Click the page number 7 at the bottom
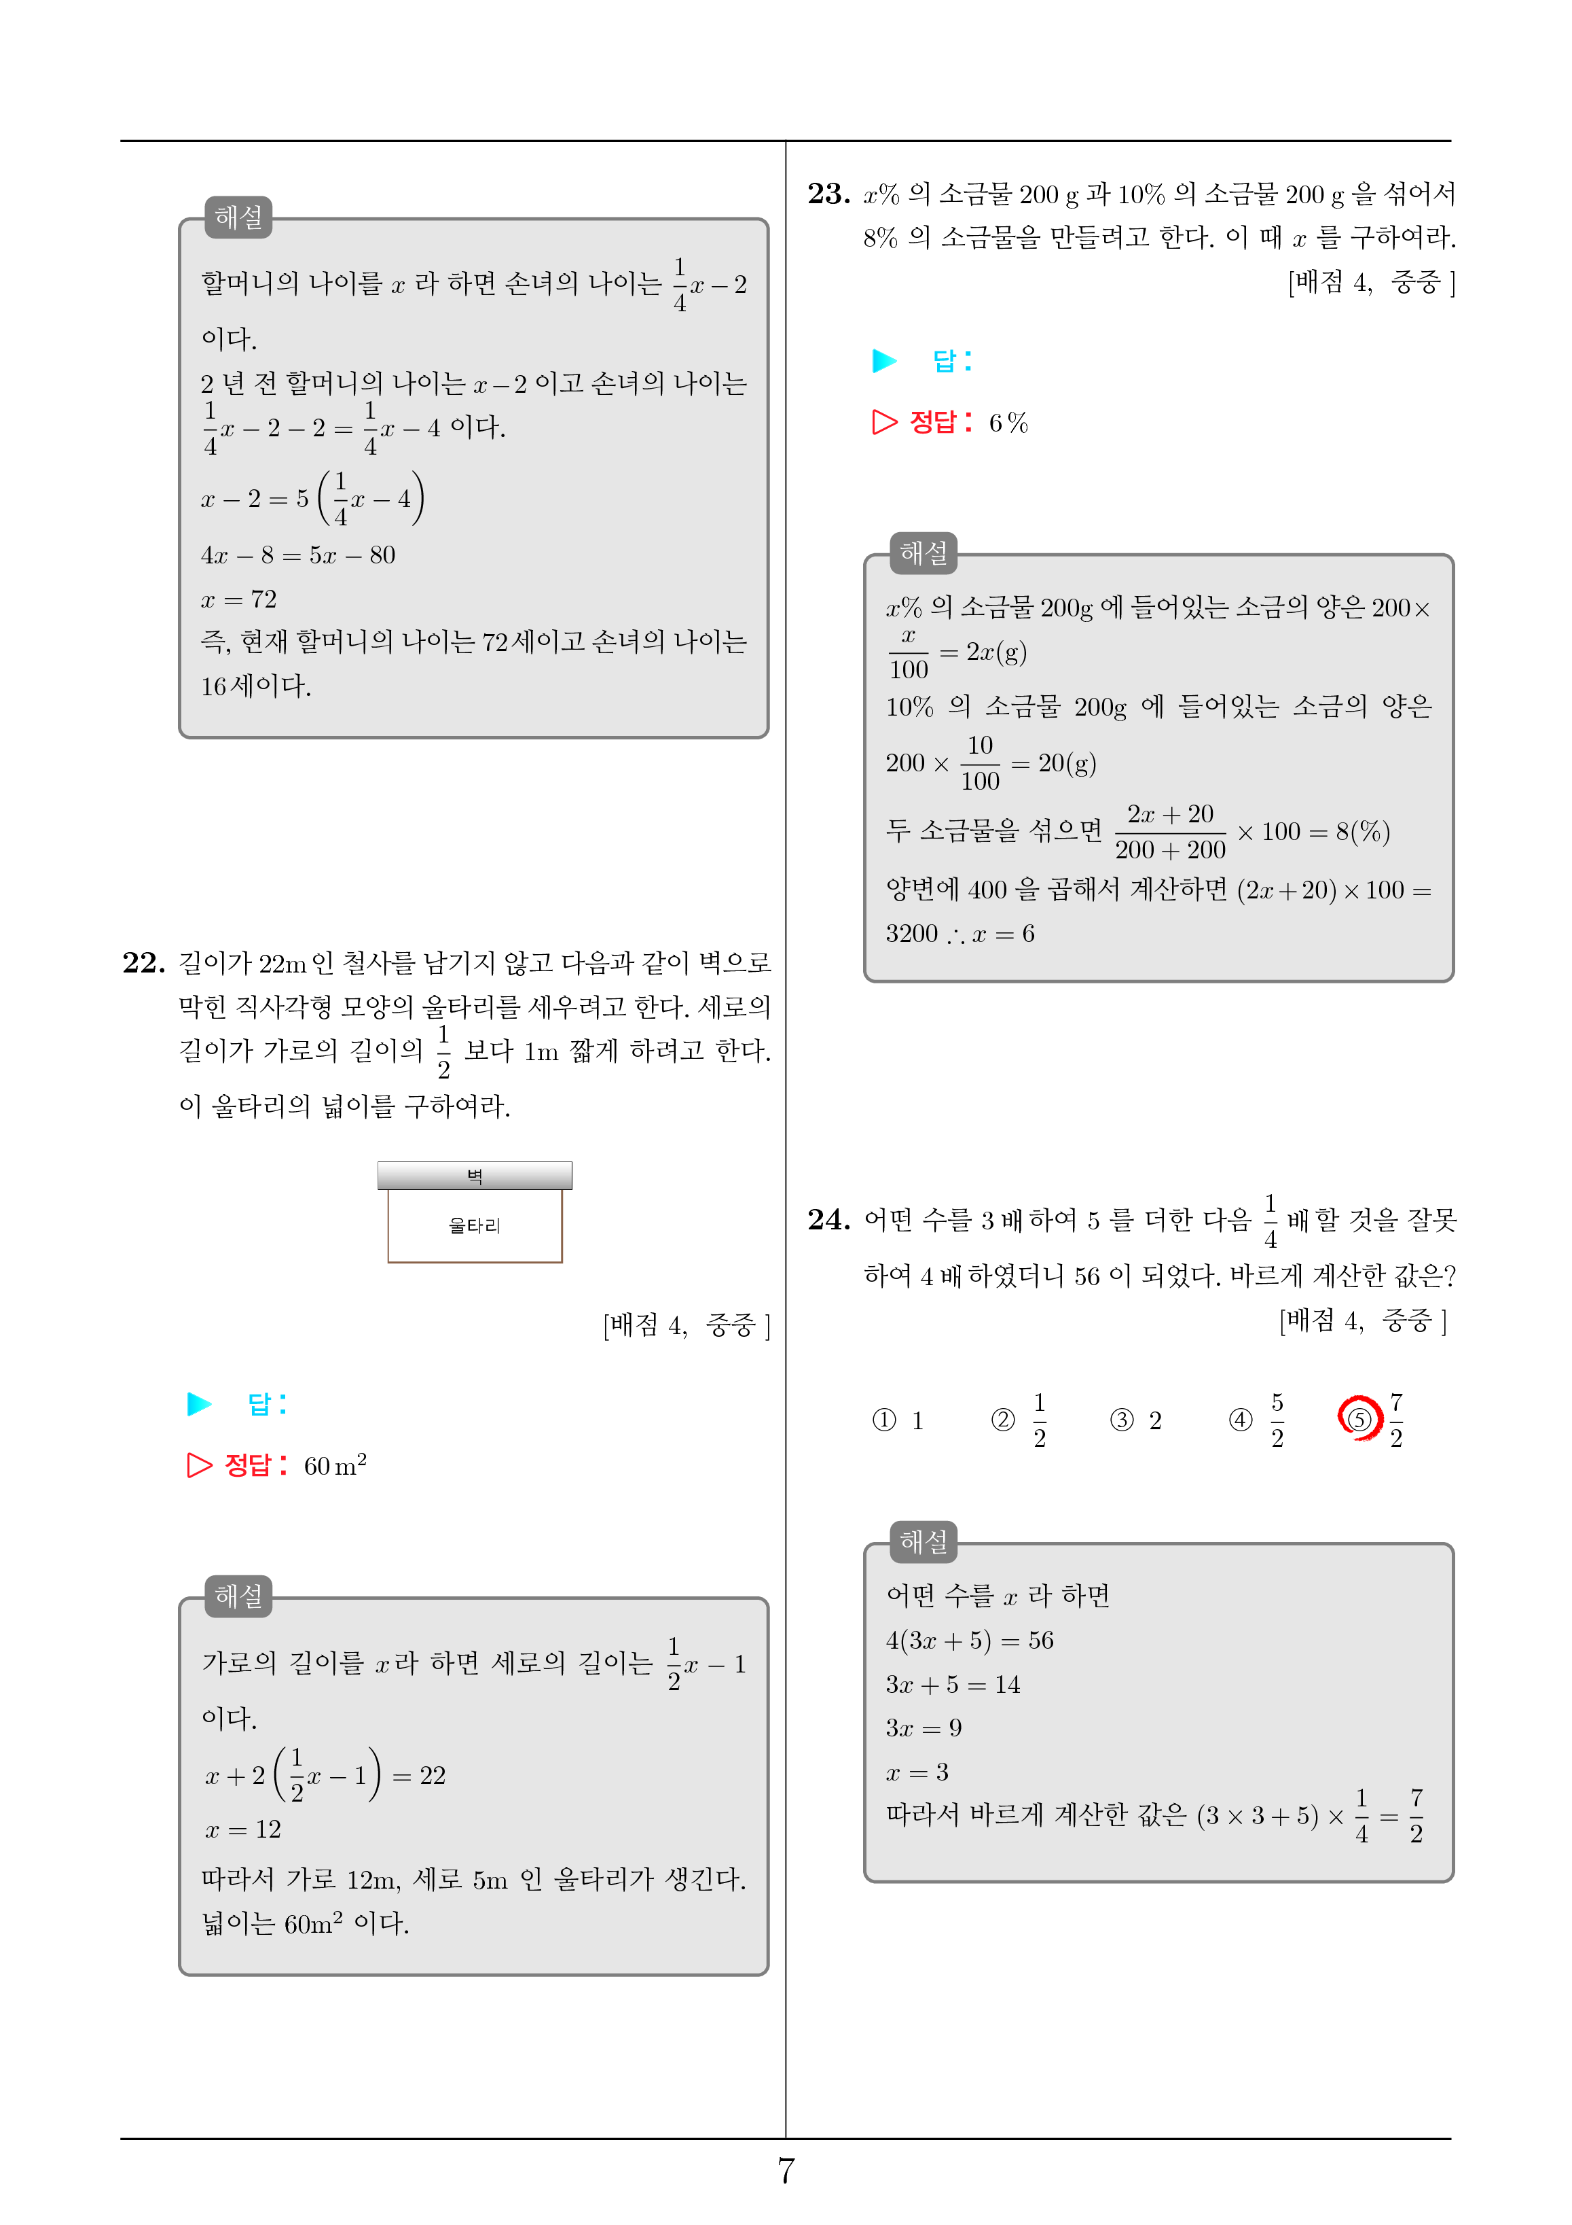point(786,2170)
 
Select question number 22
point(143,962)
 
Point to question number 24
point(828,1219)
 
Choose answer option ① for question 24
point(884,1420)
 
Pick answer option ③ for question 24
point(1122,1420)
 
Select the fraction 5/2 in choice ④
point(1277,1420)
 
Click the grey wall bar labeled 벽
point(475,1176)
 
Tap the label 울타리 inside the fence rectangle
point(475,1226)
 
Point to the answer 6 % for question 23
point(1008,423)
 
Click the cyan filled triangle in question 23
point(883,360)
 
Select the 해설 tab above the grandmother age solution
point(238,217)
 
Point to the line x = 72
point(238,599)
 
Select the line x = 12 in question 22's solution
point(243,1829)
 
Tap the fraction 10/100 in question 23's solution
point(979,763)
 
